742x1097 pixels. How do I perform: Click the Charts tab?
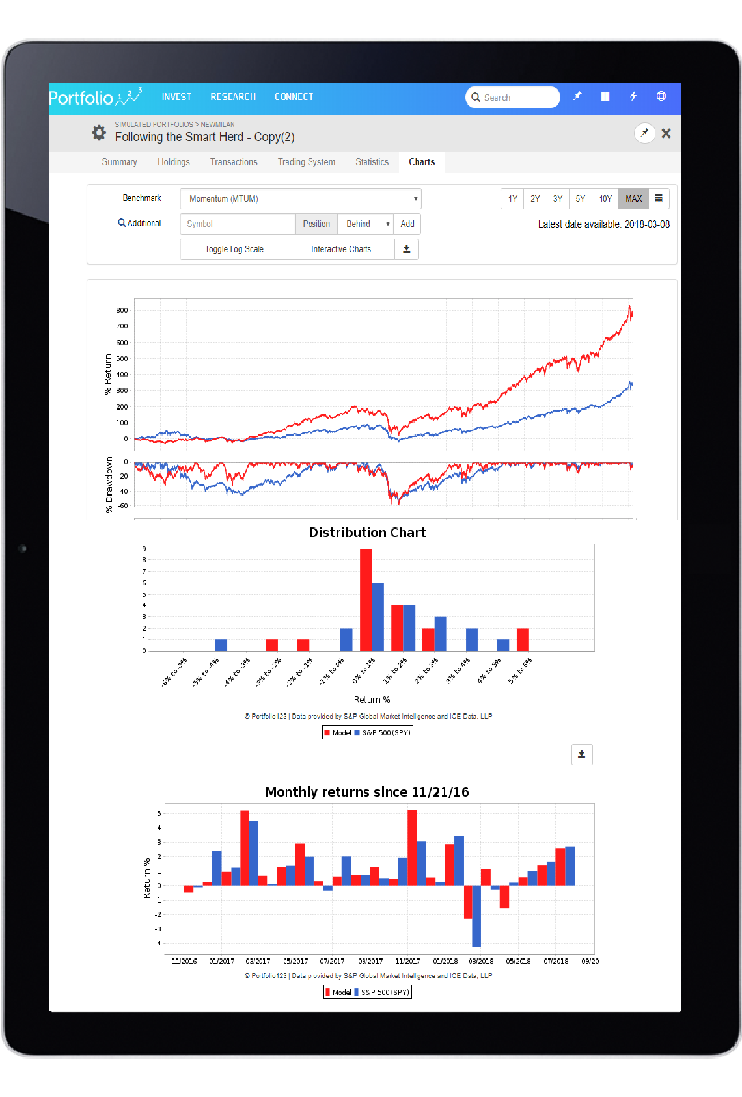(x=422, y=162)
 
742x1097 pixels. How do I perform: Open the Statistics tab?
(x=372, y=162)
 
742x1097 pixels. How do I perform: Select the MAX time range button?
(x=633, y=198)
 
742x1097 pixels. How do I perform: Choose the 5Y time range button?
(x=580, y=198)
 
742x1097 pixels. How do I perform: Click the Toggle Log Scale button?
(x=234, y=249)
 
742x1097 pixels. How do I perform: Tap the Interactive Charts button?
(x=341, y=249)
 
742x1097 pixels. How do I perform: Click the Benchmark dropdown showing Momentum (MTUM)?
(x=301, y=198)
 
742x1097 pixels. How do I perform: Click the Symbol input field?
(x=238, y=224)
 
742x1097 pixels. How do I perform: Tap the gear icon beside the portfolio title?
(x=99, y=133)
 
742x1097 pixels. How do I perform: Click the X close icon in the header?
(x=666, y=133)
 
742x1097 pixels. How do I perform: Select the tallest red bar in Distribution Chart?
(x=366, y=599)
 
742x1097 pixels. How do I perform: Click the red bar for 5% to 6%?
(x=522, y=639)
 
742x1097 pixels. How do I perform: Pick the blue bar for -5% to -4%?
(x=221, y=644)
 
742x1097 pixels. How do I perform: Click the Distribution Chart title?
(x=367, y=533)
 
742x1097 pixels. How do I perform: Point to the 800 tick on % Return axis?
(x=122, y=310)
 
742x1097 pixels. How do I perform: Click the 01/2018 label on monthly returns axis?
(x=445, y=961)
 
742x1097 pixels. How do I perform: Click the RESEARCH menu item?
(x=232, y=97)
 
